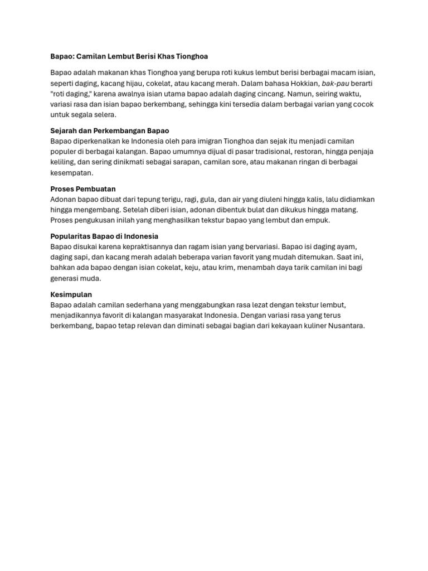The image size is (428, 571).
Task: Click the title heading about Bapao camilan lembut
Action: click(129, 56)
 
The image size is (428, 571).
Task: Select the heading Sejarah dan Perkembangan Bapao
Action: click(110, 130)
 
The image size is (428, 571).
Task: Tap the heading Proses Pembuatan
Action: click(83, 189)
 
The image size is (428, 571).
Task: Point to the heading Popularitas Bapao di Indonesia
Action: click(104, 236)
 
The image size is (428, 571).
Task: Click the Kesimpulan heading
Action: click(71, 294)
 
